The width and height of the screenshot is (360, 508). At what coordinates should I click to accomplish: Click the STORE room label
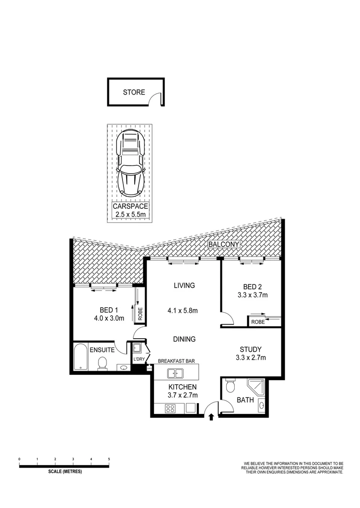(x=134, y=92)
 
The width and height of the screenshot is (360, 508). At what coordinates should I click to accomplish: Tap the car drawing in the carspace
(x=130, y=162)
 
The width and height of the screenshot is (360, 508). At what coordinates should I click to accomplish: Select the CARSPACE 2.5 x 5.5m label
(x=130, y=210)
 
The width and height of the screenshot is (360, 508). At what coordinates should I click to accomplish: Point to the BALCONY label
(x=225, y=245)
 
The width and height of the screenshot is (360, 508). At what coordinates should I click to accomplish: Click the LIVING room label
(x=184, y=286)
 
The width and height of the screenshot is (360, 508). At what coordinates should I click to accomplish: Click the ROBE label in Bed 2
(x=258, y=322)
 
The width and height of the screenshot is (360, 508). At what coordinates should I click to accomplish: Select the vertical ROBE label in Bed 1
(x=140, y=313)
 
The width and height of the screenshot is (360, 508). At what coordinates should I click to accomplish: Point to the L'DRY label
(x=139, y=360)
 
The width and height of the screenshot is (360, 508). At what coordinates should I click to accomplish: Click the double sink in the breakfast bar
(x=176, y=374)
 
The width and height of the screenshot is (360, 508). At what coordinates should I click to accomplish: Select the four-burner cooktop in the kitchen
(x=171, y=408)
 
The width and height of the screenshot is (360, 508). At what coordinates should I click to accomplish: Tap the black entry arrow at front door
(x=211, y=416)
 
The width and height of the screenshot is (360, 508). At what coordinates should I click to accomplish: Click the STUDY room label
(x=250, y=349)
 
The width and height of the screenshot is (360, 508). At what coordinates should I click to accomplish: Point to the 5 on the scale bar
(x=109, y=459)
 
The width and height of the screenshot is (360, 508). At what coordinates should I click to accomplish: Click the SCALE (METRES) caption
(x=65, y=472)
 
